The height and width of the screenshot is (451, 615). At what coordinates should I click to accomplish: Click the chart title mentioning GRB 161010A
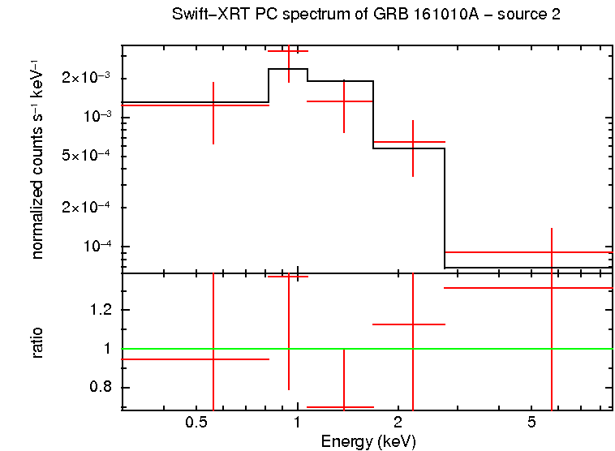click(366, 15)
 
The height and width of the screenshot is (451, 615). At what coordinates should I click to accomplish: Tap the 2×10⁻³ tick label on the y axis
click(88, 78)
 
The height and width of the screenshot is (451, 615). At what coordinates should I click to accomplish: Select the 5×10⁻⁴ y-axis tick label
click(88, 156)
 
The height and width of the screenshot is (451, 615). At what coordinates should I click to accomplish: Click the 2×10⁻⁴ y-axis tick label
click(88, 208)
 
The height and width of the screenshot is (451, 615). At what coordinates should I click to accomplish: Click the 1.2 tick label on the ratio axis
click(101, 310)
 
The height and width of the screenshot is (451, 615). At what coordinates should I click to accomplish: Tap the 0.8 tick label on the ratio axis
click(101, 388)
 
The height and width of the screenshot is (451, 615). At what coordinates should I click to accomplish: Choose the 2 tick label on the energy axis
click(398, 423)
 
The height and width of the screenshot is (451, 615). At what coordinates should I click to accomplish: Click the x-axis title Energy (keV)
click(368, 441)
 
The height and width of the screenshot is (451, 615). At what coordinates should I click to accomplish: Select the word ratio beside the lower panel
click(37, 342)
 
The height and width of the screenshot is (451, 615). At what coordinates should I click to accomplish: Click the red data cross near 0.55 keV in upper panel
click(213, 105)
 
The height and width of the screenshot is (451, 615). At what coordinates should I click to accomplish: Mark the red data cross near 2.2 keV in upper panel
click(413, 142)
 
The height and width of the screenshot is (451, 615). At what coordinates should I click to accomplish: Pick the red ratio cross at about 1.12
click(413, 324)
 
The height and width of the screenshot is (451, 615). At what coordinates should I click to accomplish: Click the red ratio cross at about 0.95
click(213, 359)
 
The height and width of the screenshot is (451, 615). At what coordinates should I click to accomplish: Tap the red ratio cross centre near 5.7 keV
click(552, 288)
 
